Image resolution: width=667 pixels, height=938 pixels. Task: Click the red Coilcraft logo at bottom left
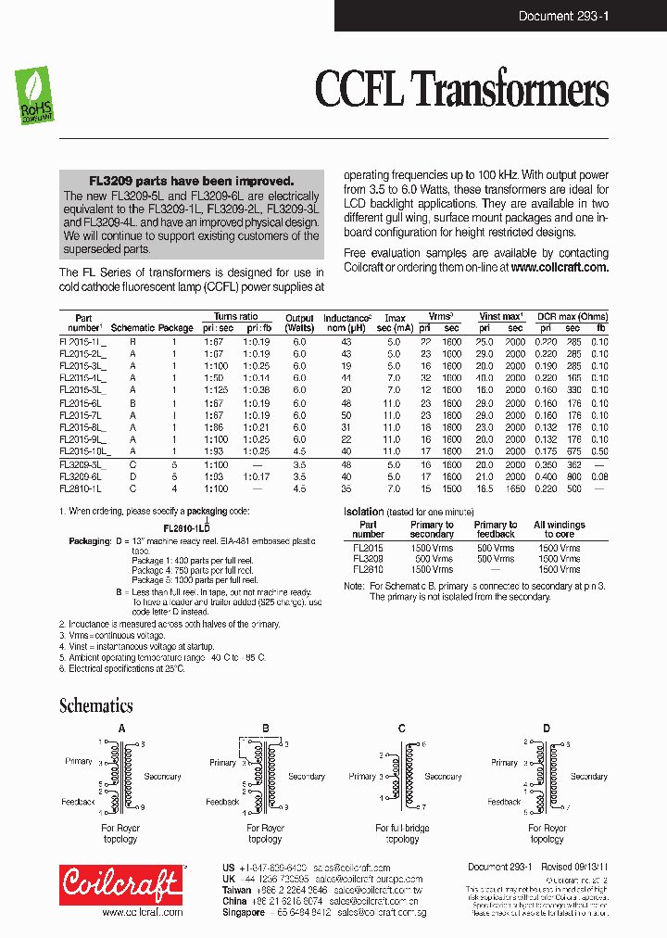coord(120,885)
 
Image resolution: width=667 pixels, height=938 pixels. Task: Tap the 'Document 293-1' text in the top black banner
coord(562,16)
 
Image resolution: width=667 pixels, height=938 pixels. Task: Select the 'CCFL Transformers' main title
coord(461,90)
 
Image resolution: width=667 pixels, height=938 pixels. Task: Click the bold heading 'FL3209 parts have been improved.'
coord(191,182)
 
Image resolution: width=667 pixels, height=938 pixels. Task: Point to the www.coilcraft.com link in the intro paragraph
coord(559,267)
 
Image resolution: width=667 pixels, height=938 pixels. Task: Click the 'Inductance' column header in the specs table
coord(346,318)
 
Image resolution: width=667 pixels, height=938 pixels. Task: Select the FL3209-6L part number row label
coord(81,476)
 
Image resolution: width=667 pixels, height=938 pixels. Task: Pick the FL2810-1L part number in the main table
coord(81,488)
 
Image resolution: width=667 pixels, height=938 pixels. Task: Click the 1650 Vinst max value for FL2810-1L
coord(515,488)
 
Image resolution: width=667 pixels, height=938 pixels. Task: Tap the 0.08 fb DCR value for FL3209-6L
coord(600,476)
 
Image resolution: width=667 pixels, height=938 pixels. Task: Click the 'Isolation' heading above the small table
coord(363,512)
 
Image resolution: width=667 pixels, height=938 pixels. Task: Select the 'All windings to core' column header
coord(559,529)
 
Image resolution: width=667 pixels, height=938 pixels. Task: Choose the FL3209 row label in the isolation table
coord(368,559)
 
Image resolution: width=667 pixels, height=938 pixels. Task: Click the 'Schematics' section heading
coord(95,705)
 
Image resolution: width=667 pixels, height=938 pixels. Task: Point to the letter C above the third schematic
coord(401,729)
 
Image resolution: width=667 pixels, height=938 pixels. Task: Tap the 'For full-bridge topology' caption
coord(402,833)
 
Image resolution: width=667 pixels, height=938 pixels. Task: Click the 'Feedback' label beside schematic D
coord(504,802)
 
